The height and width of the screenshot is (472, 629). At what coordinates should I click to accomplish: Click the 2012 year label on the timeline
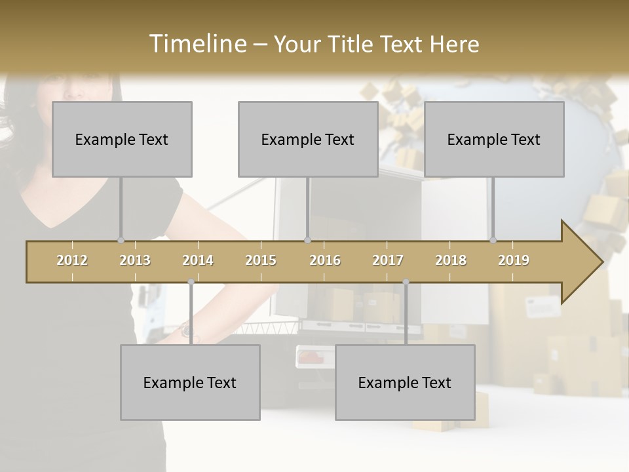tap(72, 260)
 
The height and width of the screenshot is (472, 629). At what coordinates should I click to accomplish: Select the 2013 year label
tap(135, 260)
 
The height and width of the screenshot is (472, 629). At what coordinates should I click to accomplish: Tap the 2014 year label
tap(198, 260)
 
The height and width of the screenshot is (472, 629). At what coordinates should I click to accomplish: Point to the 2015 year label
tap(261, 260)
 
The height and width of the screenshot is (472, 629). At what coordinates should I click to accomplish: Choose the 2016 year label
tap(325, 260)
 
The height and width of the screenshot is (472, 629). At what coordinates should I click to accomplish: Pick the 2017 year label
tap(388, 260)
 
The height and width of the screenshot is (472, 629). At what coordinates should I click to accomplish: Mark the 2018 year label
tap(451, 260)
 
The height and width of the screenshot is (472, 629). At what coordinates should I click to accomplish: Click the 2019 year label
tap(514, 260)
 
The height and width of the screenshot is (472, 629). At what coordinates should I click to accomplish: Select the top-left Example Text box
tap(122, 139)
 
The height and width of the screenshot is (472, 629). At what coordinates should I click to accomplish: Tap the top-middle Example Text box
tap(308, 139)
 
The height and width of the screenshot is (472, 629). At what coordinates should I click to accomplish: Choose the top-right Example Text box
tap(494, 139)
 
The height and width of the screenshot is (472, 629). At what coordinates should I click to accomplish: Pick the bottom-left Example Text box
tap(190, 382)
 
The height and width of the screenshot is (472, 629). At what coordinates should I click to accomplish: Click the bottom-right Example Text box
tap(405, 382)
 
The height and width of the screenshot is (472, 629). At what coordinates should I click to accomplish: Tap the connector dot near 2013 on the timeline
tap(121, 241)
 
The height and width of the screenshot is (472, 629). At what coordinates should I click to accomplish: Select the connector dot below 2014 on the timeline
tap(191, 282)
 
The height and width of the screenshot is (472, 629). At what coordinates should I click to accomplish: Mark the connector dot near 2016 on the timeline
tap(307, 241)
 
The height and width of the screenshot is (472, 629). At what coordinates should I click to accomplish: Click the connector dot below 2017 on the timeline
tap(406, 282)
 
